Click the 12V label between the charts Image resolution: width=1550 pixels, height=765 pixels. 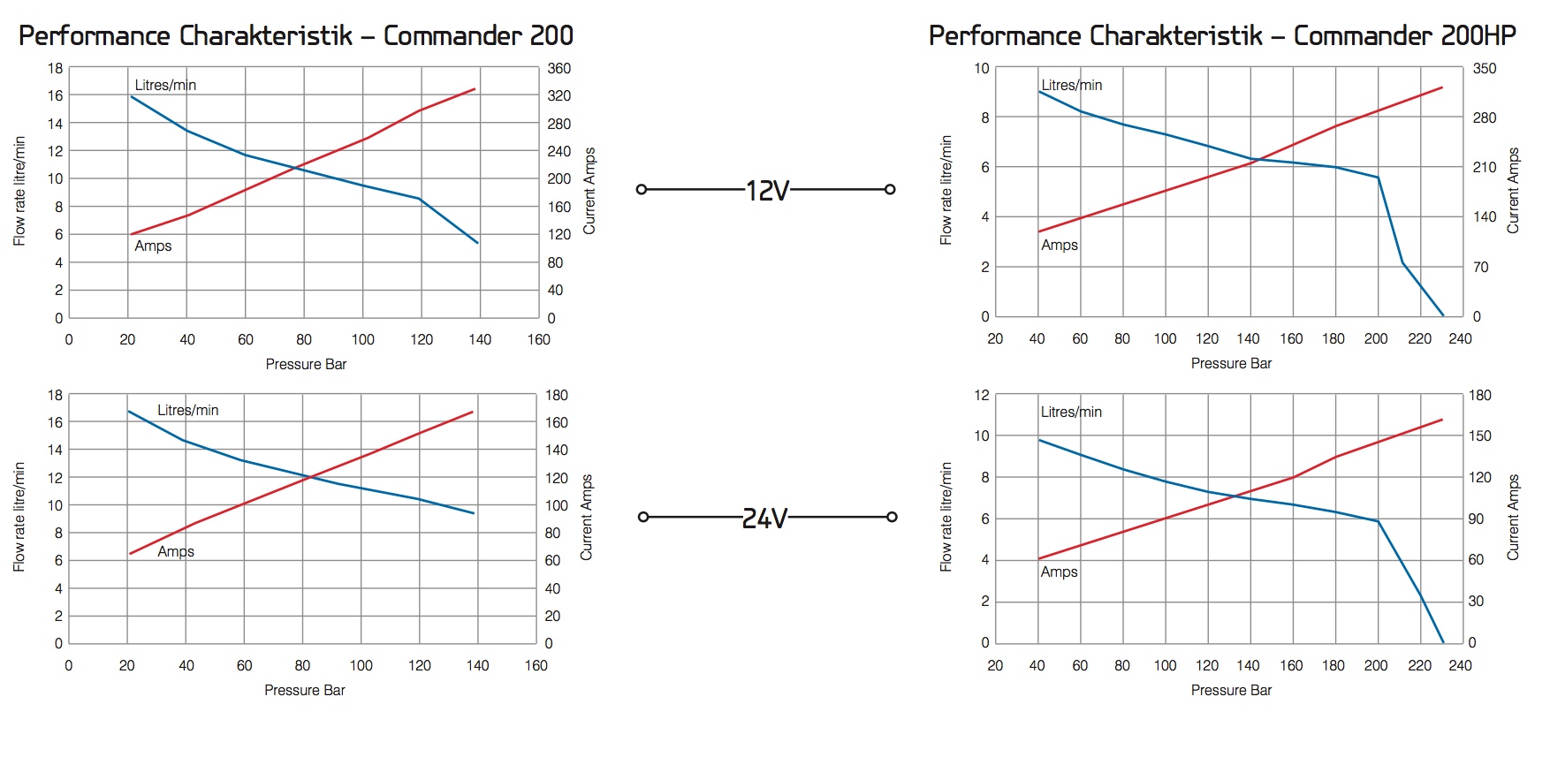(x=766, y=190)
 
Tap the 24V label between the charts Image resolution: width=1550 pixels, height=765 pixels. (x=764, y=518)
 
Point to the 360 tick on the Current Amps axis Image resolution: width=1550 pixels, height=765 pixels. (x=558, y=68)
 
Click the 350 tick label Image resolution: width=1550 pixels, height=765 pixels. (x=1485, y=68)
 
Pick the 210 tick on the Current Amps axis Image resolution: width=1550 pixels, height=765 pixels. (x=1485, y=167)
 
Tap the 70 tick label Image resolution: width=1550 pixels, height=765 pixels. (x=1481, y=267)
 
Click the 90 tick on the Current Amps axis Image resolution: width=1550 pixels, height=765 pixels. (x=1476, y=519)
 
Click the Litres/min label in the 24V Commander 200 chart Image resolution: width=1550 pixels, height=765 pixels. (x=187, y=410)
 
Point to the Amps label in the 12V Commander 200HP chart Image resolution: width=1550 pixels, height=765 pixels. (x=1059, y=245)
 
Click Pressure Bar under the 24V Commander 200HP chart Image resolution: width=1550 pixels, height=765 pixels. (x=1231, y=690)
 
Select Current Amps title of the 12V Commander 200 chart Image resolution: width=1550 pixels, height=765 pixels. (x=589, y=191)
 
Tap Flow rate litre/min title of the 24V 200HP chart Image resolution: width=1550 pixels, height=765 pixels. (x=946, y=517)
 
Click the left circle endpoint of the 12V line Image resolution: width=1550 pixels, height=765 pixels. (x=642, y=189)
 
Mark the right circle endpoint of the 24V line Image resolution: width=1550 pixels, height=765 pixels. (x=892, y=517)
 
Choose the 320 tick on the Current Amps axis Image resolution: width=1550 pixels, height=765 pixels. (x=558, y=95)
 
